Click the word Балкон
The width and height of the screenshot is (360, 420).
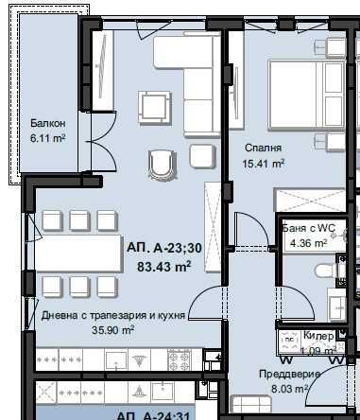[x=46, y=123]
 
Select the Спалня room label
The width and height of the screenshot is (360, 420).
[x=260, y=148]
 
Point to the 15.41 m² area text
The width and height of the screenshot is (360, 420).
[x=264, y=163]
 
